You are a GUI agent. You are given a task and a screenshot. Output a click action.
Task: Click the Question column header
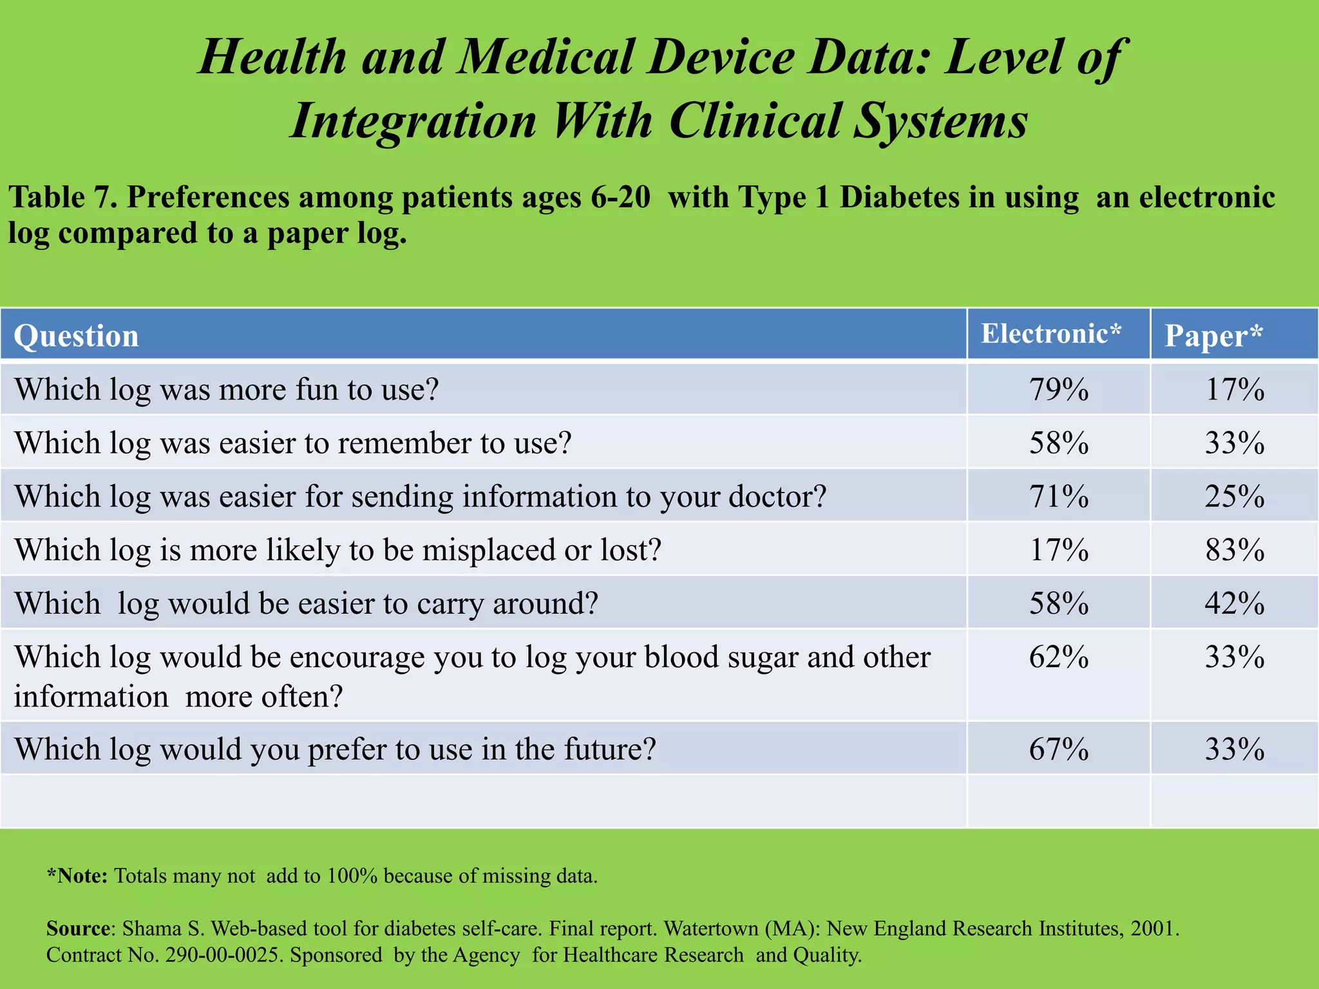pos(76,335)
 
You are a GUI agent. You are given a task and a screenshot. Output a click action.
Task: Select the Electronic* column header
pos(1051,334)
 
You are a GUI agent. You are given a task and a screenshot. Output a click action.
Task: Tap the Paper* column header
pos(1213,335)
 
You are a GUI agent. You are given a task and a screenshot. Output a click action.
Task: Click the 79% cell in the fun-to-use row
pos(1058,390)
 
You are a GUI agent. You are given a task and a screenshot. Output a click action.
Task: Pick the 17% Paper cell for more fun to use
pos(1234,390)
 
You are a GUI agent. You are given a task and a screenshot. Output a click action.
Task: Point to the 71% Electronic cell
pos(1058,496)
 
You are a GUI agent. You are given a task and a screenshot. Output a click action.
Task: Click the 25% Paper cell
pos(1234,496)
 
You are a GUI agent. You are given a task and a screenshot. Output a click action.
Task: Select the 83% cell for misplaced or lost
pos(1234,550)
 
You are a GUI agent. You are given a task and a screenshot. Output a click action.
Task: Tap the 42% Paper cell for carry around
pos(1234,603)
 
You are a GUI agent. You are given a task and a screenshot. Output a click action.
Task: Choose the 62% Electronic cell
pos(1058,657)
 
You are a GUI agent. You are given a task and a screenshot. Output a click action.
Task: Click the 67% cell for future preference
pos(1058,749)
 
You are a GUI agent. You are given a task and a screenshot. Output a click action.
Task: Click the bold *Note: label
pos(77,876)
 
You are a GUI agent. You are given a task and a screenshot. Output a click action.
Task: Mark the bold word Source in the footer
pos(78,928)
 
